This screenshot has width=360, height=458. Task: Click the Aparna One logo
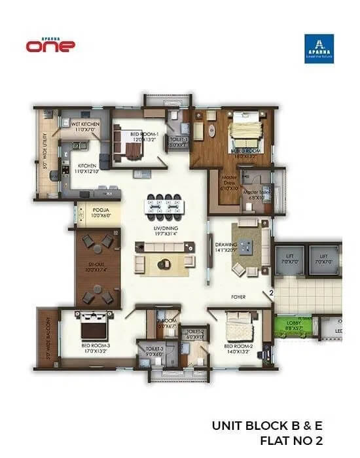tap(50, 44)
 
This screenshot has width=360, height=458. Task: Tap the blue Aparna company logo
tap(319, 49)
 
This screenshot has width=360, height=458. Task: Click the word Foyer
tap(238, 296)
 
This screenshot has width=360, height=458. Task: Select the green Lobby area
tap(292, 325)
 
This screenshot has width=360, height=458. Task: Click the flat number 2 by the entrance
tap(270, 293)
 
